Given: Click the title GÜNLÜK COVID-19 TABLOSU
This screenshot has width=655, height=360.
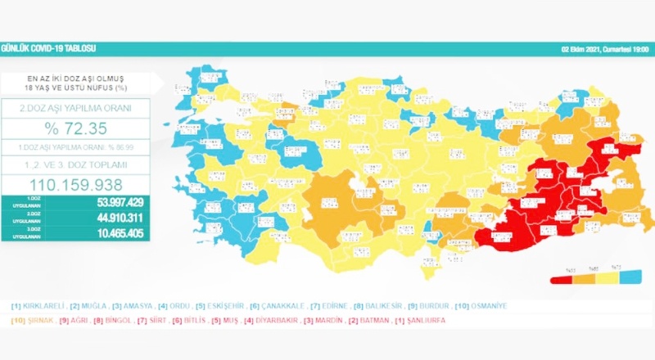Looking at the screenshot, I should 41,50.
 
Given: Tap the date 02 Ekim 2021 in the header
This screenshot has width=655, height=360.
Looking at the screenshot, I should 584,50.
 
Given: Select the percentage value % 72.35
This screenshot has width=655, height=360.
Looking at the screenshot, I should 75,129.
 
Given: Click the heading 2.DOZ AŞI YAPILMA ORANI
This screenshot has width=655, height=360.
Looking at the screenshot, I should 75,108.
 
